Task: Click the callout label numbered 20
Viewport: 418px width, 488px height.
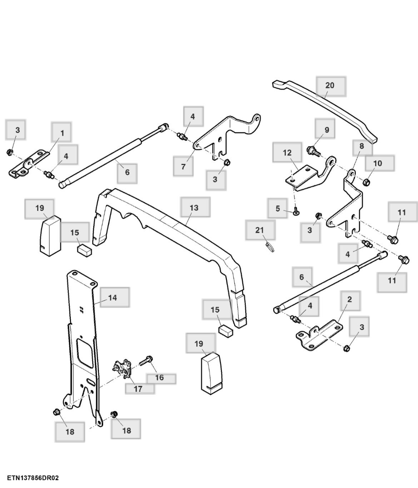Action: point(330,86)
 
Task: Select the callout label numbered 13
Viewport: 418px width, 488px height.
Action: point(195,208)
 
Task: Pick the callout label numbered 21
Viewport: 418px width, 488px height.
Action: point(260,230)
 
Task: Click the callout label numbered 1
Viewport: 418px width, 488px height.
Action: point(61,133)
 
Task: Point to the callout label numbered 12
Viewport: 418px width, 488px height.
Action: point(287,153)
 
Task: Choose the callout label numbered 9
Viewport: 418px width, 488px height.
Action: point(327,130)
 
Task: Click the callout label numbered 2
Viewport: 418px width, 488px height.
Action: point(350,300)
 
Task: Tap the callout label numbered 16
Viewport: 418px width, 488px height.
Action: point(160,378)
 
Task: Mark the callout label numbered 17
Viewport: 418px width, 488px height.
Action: point(139,389)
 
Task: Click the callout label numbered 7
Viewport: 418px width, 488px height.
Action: point(183,166)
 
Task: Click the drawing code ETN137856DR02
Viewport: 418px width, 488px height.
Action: point(30,478)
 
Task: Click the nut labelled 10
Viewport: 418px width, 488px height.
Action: point(366,183)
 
